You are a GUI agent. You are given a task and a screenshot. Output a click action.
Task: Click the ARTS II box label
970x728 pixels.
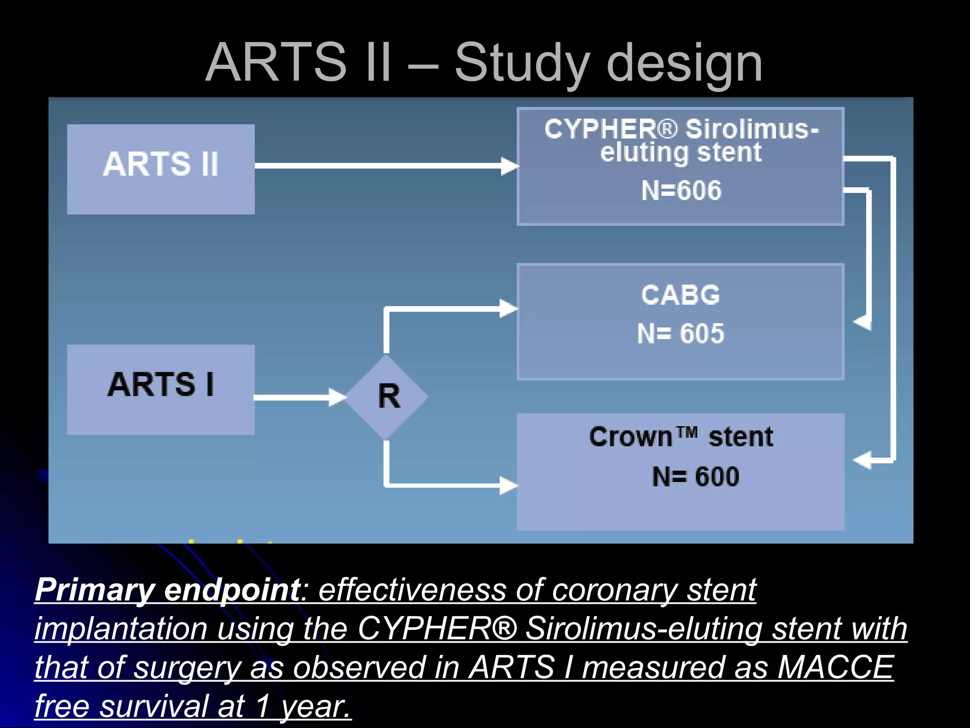[x=161, y=164]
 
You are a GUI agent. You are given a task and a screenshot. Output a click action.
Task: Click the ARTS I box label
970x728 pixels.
[x=161, y=384]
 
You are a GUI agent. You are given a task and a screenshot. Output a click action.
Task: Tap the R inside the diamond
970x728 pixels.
[x=389, y=396]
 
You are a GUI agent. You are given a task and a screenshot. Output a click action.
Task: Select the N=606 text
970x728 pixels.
[x=681, y=191]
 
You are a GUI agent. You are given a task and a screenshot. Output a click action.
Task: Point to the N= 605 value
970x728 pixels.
[x=681, y=334]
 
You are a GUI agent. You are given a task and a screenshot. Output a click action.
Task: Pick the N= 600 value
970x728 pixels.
[x=695, y=477]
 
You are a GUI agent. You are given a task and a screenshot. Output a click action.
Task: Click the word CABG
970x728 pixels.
[x=681, y=295]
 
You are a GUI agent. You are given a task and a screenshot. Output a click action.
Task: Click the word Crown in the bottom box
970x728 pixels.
[x=630, y=437]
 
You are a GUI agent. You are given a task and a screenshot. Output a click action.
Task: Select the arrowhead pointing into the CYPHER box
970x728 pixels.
[x=510, y=166]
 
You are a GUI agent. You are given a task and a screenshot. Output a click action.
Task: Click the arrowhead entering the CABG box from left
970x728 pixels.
[x=509, y=309]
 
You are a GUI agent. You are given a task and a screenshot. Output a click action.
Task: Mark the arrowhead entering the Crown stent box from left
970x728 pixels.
[x=509, y=486]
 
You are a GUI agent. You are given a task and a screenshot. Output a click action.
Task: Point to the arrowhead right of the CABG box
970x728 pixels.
[x=862, y=322]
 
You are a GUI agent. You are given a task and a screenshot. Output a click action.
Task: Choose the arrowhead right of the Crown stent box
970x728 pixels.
[x=862, y=460]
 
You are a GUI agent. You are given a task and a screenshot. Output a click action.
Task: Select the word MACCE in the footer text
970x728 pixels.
[x=835, y=668]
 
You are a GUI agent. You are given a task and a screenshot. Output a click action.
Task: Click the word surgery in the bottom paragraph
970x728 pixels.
[x=188, y=668]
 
